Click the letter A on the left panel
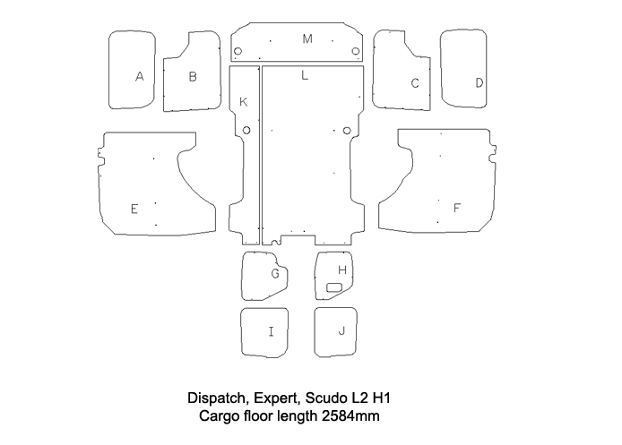tap(139, 77)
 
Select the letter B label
tap(193, 77)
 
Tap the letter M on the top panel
tap(307, 39)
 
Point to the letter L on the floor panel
tap(305, 76)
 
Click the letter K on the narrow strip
tap(243, 102)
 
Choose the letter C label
tap(415, 83)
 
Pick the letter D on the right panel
tap(479, 82)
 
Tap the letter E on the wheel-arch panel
tap(134, 209)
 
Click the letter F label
tap(456, 208)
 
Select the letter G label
tap(276, 272)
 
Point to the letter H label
tap(341, 270)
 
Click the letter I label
tap(272, 331)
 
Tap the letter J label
tap(341, 330)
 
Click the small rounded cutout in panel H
tap(336, 287)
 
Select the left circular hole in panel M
tap(240, 49)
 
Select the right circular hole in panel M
tap(356, 49)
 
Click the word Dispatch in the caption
tap(215, 398)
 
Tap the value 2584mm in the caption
tap(357, 416)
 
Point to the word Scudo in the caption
tap(324, 398)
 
